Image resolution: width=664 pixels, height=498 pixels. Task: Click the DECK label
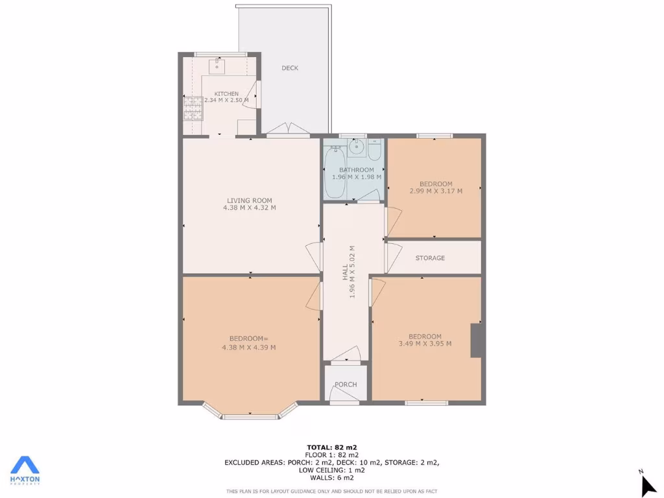[x=290, y=68]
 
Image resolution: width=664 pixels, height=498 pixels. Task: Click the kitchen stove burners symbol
[x=192, y=108]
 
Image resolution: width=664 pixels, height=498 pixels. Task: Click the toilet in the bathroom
[x=375, y=150]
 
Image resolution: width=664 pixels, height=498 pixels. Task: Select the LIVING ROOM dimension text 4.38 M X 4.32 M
[x=250, y=208]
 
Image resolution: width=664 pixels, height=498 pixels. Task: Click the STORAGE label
[x=430, y=258]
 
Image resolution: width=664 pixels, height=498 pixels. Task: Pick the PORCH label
[x=346, y=385]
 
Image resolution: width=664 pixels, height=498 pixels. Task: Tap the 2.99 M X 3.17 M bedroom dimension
[x=436, y=191]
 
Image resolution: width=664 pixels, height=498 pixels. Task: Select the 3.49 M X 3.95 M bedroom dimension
[x=425, y=344]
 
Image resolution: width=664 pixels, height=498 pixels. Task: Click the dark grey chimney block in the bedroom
[x=475, y=340]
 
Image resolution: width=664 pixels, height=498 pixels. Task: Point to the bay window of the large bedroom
[x=250, y=413]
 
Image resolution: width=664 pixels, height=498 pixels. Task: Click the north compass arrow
[x=647, y=485]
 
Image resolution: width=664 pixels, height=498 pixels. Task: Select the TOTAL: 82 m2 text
[x=331, y=447]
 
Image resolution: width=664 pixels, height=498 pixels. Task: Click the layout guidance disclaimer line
[x=331, y=491]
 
